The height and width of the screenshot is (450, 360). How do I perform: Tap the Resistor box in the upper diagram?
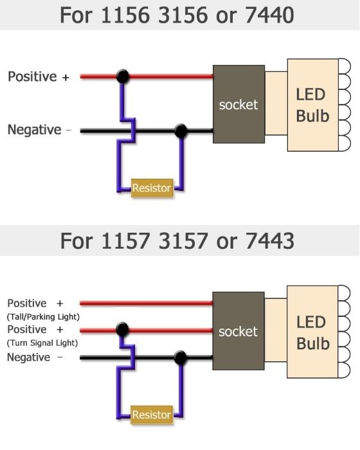pyautogui.click(x=152, y=188)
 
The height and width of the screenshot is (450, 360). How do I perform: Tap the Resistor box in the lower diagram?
pyautogui.click(x=152, y=415)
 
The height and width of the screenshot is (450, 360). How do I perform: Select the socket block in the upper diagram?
pyautogui.click(x=238, y=104)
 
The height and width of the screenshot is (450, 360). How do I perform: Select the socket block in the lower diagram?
pyautogui.click(x=238, y=331)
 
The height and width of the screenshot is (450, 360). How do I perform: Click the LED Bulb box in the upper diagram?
pyautogui.click(x=312, y=105)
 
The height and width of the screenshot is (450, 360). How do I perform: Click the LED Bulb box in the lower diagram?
pyautogui.click(x=312, y=332)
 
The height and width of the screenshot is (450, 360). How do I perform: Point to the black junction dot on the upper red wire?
pyautogui.click(x=122, y=76)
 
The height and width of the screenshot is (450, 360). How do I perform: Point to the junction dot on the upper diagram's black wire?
pyautogui.click(x=181, y=131)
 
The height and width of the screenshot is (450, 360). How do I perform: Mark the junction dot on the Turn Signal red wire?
pyautogui.click(x=121, y=330)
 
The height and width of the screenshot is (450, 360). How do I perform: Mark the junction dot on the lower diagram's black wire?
pyautogui.click(x=181, y=357)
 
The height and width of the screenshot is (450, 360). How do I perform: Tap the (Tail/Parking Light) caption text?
pyautogui.click(x=42, y=316)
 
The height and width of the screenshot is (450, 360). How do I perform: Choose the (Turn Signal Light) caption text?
pyautogui.click(x=42, y=343)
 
